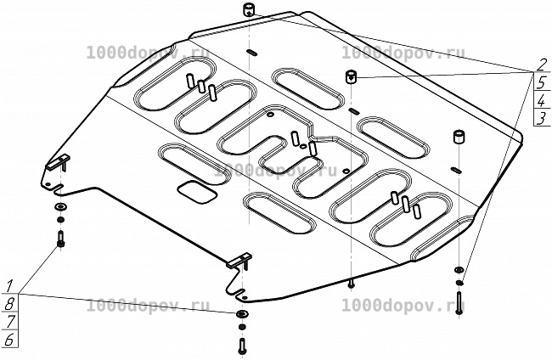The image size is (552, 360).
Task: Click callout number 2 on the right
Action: point(542,65)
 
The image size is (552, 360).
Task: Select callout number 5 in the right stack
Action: point(542,82)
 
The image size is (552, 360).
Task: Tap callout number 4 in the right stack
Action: point(542,101)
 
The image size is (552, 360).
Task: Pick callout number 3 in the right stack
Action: point(542,118)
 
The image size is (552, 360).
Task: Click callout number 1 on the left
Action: point(10,285)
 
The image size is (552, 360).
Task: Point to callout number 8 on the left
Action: point(9,304)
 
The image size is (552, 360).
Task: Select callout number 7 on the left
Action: point(9,322)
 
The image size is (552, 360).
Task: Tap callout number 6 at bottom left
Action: point(9,340)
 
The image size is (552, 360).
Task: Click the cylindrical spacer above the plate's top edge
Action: point(249,9)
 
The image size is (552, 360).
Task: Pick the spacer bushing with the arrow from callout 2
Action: point(352,76)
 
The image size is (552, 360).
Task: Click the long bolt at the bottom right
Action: point(459,302)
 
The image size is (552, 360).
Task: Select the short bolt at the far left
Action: point(60,239)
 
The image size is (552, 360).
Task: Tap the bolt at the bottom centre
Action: point(242,346)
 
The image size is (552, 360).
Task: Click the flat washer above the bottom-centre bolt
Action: point(242,314)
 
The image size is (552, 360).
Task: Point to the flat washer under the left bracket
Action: point(61,206)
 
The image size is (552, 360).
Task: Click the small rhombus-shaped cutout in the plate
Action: point(197,192)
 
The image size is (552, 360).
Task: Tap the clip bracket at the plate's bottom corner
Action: point(240,262)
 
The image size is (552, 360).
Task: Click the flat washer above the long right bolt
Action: point(459,270)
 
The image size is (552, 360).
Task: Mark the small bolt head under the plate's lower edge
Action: point(351,284)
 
